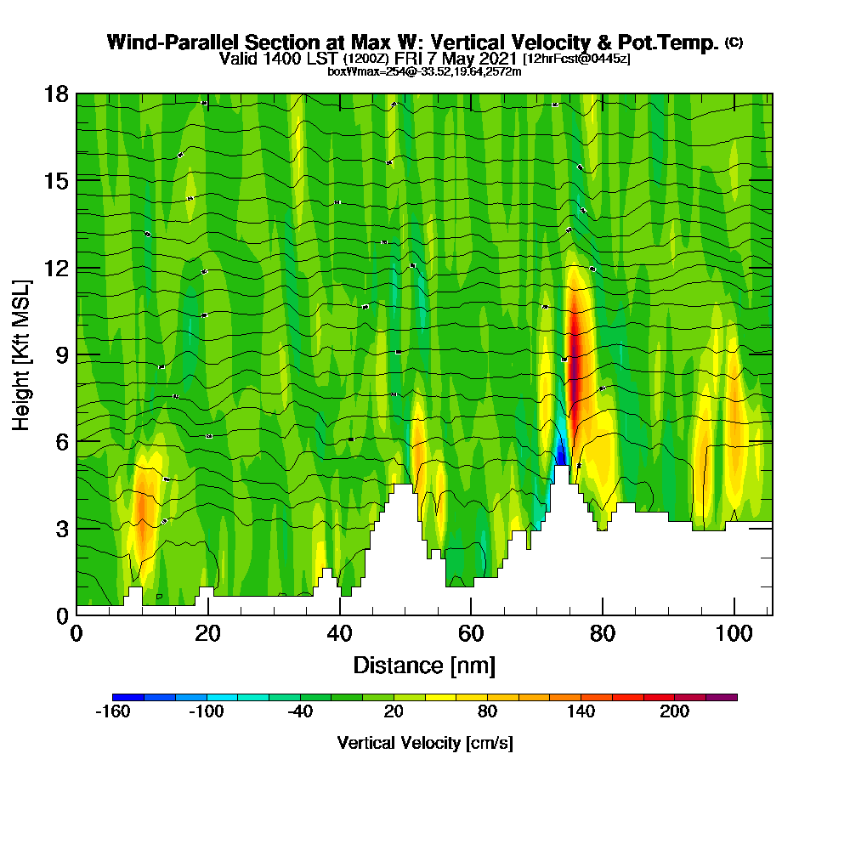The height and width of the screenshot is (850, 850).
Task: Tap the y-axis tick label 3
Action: point(60,528)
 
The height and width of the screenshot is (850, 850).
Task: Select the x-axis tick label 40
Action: point(339,633)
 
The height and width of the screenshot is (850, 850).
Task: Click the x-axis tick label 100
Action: point(734,633)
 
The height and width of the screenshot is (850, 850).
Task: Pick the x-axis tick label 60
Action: point(471,633)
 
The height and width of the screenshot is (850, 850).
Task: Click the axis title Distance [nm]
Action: point(424,665)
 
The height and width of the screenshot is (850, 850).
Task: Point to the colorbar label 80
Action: point(488,712)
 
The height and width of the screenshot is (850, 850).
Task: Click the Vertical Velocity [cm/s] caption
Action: point(425,743)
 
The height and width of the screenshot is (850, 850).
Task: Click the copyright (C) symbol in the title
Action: point(734,42)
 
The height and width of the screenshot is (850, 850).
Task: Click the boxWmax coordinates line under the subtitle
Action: point(424,71)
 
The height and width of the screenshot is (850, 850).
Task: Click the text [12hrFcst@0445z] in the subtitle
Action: point(576,59)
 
